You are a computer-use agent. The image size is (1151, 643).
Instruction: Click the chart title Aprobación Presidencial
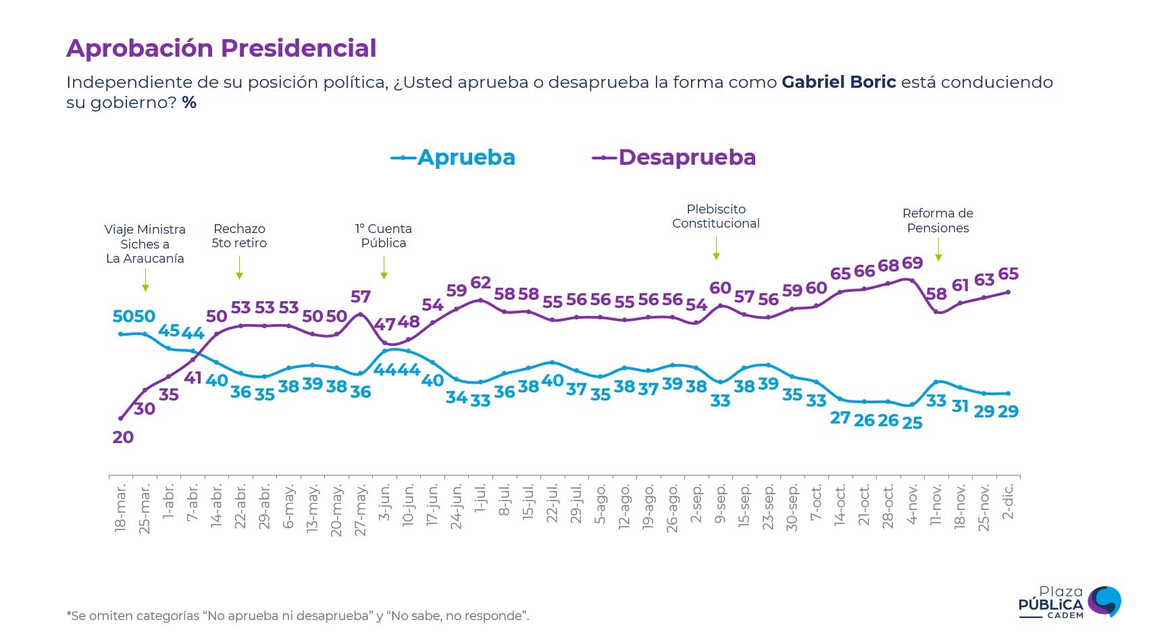click(x=221, y=49)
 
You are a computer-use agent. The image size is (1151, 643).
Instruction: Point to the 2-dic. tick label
click(x=1008, y=501)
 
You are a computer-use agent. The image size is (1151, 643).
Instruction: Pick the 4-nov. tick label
click(x=912, y=504)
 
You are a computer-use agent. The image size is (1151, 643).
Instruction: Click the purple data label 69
click(x=912, y=263)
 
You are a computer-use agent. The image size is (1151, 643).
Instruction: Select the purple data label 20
click(x=123, y=437)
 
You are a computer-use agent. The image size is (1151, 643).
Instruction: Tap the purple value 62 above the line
click(x=480, y=282)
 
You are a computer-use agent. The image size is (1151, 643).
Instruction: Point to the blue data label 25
click(x=912, y=423)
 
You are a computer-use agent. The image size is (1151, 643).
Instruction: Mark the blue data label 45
click(x=168, y=330)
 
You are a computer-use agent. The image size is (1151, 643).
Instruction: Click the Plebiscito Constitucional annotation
click(x=716, y=216)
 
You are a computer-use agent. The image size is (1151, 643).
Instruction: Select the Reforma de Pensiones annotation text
click(x=938, y=221)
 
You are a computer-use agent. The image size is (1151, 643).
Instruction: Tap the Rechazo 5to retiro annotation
click(x=239, y=236)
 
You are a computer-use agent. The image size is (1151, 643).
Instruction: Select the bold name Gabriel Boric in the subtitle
click(x=838, y=82)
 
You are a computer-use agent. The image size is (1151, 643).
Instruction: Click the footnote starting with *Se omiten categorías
click(x=298, y=616)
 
